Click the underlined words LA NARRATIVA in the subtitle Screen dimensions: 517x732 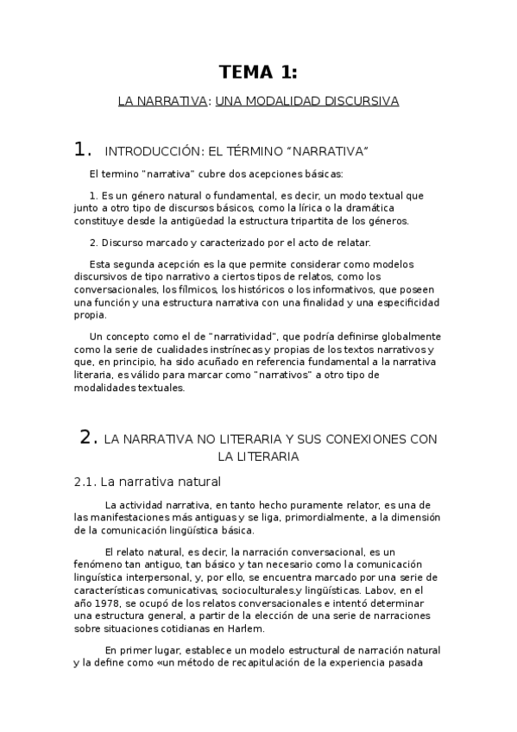coord(162,101)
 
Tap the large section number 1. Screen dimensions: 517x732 coord(83,150)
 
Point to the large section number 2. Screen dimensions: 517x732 coord(88,438)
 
